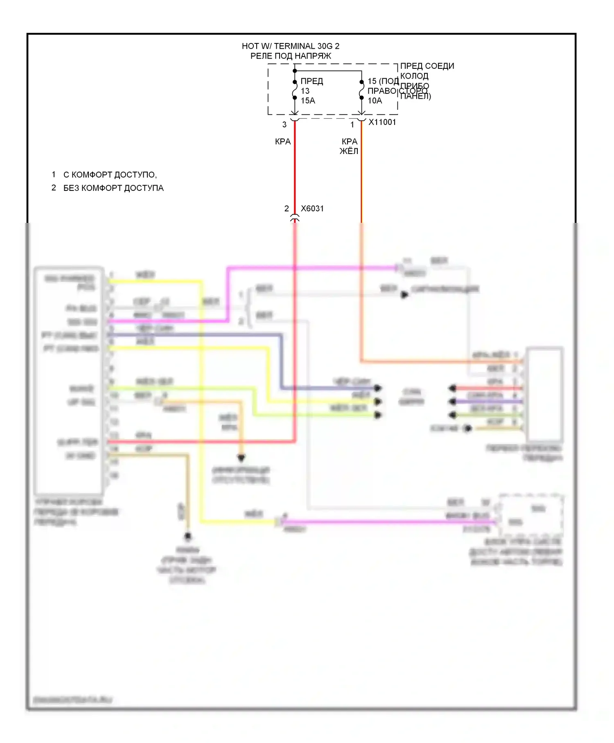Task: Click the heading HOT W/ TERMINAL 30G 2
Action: pyautogui.click(x=290, y=46)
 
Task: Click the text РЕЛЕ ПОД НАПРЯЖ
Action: pyautogui.click(x=291, y=56)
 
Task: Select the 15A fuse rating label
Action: pyautogui.click(x=308, y=101)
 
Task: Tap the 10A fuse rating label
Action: pyautogui.click(x=375, y=101)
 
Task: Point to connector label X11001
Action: pyautogui.click(x=382, y=122)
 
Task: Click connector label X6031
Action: pyautogui.click(x=312, y=208)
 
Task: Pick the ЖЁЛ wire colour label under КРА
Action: pyautogui.click(x=349, y=151)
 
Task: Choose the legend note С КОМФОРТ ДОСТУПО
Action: pyautogui.click(x=110, y=175)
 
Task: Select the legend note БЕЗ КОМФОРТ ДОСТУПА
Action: pyautogui.click(x=113, y=188)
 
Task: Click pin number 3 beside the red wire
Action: pyautogui.click(x=284, y=125)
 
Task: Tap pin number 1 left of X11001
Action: pyautogui.click(x=352, y=125)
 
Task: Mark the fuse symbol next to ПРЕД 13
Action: pyautogui.click(x=295, y=90)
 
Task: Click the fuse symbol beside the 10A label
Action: pyautogui.click(x=361, y=90)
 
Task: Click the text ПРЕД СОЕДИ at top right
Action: pyautogui.click(x=427, y=66)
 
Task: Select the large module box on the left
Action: pyautogui.click(x=69, y=381)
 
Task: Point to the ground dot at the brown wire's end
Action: pyautogui.click(x=188, y=536)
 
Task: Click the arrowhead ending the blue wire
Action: pyautogui.click(x=378, y=388)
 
